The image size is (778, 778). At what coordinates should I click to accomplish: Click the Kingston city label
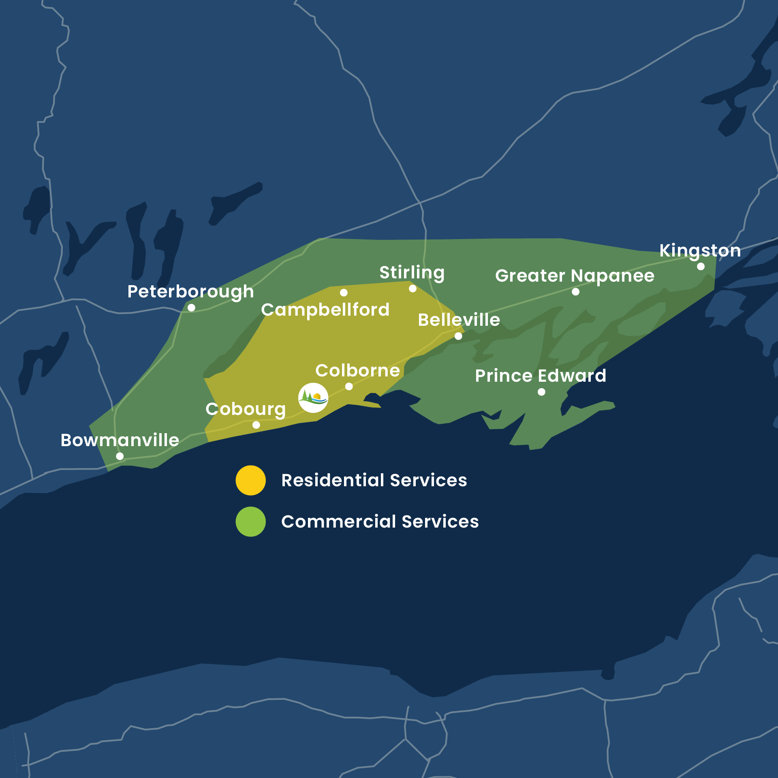(700, 250)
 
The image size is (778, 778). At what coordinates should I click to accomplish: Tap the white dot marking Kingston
(701, 267)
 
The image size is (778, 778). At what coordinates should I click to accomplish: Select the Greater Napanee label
(575, 276)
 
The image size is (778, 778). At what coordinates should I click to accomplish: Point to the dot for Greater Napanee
(575, 292)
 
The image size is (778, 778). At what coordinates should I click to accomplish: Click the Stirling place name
(412, 273)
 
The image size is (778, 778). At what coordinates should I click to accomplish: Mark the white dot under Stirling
(413, 289)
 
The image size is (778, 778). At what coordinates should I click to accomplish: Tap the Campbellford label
(325, 310)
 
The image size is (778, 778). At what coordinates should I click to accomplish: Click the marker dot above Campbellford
(344, 293)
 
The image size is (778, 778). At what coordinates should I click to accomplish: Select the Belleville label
(459, 320)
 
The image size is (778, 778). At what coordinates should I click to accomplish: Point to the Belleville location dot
(458, 336)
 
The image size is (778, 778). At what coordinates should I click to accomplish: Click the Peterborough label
(190, 292)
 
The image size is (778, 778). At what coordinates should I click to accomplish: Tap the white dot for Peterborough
(191, 308)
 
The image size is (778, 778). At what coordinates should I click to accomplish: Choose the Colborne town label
(357, 370)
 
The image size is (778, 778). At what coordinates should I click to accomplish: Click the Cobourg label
(246, 409)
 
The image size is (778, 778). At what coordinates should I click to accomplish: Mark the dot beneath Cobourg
(256, 425)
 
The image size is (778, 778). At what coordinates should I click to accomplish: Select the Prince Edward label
(541, 376)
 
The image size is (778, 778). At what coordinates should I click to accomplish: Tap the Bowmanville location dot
(120, 456)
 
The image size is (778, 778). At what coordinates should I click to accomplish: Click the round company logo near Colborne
(313, 398)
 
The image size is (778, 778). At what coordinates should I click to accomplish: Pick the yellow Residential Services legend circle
(251, 480)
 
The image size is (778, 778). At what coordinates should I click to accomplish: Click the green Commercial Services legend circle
(251, 522)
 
